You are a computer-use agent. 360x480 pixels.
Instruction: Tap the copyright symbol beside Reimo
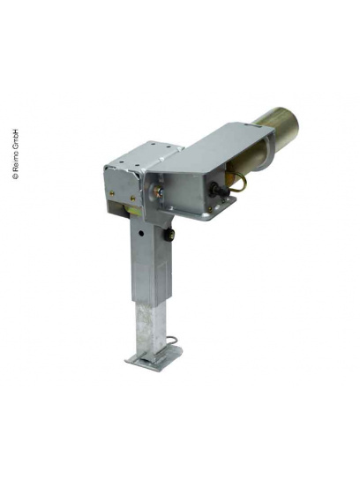pos(15,176)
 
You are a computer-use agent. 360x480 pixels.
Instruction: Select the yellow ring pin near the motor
pos(239,183)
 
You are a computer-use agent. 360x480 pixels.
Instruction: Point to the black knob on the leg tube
pos(169,236)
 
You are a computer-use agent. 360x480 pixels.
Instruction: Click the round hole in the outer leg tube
pos(141,233)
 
